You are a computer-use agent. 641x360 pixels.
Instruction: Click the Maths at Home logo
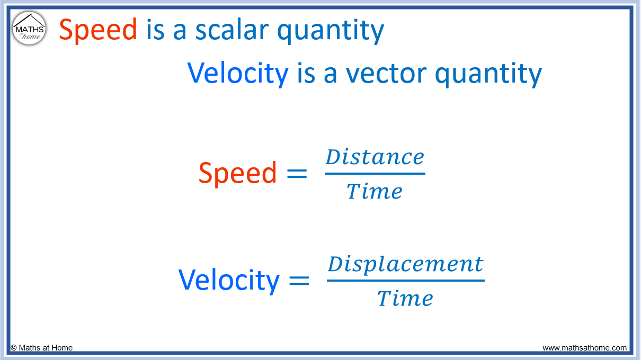(29, 28)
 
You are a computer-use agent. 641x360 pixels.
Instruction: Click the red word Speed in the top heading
(98, 30)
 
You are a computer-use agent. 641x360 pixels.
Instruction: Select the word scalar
(232, 30)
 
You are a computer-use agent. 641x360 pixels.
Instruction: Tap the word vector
(386, 73)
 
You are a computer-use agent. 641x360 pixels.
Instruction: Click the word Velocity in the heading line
(238, 74)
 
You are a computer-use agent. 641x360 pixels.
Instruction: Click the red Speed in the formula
(237, 173)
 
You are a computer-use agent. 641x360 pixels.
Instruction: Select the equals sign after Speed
(297, 173)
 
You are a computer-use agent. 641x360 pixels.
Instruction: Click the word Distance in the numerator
(375, 157)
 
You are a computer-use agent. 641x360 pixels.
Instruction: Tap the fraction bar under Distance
(375, 173)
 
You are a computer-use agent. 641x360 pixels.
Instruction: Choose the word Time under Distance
(375, 191)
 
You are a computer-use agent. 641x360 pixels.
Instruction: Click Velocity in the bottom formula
(229, 280)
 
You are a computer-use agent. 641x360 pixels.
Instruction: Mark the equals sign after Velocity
(299, 280)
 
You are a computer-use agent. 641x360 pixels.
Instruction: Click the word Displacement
(405, 265)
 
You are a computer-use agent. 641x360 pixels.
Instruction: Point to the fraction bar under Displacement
(405, 280)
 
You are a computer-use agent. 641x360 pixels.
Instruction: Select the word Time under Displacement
(405, 298)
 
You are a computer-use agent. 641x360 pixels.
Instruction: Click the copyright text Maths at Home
(41, 348)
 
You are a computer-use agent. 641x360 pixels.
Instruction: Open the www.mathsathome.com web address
(585, 348)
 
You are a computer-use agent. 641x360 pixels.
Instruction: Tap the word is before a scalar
(155, 30)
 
